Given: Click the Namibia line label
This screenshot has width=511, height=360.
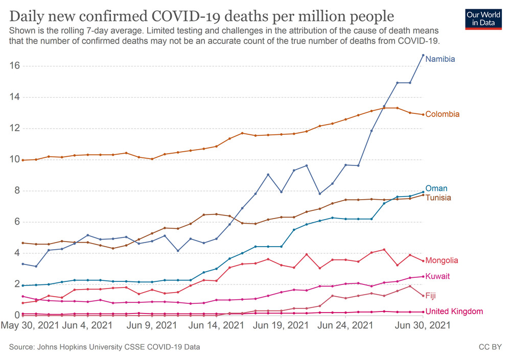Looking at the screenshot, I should coord(440,59).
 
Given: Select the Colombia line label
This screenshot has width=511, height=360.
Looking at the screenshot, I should coord(442,114).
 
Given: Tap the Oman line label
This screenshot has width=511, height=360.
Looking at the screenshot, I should coord(436,188).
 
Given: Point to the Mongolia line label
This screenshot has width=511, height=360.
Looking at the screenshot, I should coord(442,260).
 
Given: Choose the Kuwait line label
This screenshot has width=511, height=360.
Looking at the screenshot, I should coord(437,276).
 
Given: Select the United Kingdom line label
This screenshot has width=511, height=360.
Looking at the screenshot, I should coord(454,311).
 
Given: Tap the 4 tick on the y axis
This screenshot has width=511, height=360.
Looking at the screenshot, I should coord(16,253).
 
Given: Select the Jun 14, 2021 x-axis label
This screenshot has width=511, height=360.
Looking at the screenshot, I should coord(217,325).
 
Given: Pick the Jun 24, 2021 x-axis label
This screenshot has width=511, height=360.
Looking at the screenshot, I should coord(345,325).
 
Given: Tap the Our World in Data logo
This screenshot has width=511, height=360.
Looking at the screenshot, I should coord(483,19).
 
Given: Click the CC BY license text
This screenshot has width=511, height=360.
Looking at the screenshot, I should coord(489,347).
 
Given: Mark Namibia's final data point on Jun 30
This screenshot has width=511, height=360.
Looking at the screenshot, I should coord(423,55).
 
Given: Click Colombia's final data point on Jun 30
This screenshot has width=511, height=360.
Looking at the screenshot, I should coord(423,114).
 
